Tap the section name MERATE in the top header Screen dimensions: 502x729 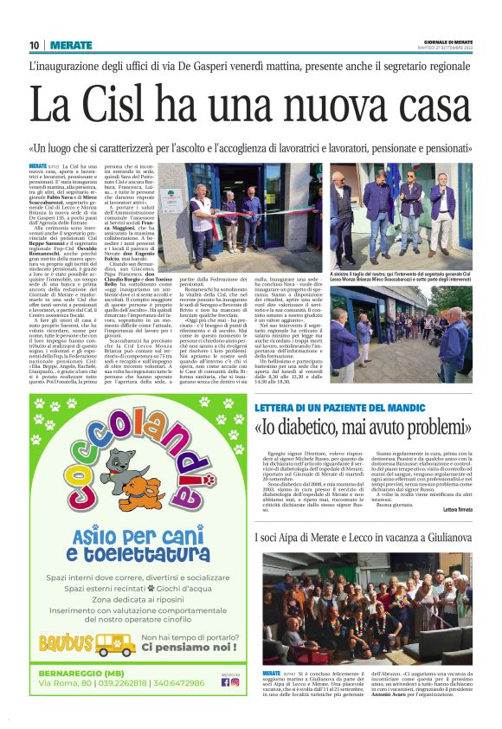point(71,44)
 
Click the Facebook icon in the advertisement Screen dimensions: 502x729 point(225,681)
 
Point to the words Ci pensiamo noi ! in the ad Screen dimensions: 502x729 point(189,647)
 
